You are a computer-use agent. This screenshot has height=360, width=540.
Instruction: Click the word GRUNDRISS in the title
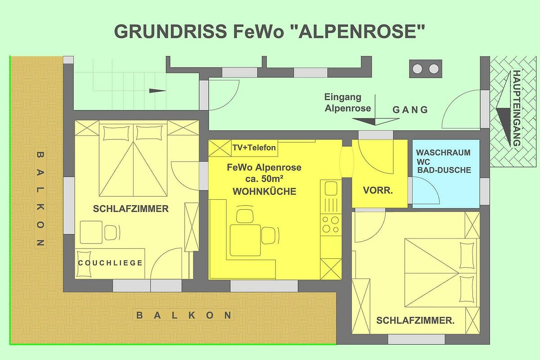click(171, 31)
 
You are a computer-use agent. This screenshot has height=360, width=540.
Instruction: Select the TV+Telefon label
click(254, 148)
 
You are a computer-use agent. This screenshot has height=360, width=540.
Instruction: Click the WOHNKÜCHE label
click(265, 191)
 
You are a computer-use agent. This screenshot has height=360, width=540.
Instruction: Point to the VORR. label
click(378, 190)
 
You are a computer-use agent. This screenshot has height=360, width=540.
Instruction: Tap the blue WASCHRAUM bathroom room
click(446, 174)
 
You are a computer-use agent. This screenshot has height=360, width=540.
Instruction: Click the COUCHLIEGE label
click(110, 263)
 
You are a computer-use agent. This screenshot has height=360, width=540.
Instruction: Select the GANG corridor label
click(410, 110)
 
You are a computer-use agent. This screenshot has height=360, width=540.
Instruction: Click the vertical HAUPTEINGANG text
click(517, 108)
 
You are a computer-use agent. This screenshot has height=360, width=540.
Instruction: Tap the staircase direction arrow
click(157, 91)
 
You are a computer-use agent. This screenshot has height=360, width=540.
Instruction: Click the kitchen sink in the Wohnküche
click(331, 188)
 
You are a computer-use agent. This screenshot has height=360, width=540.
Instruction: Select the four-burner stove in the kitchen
click(331, 225)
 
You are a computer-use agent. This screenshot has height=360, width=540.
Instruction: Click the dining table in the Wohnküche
click(245, 240)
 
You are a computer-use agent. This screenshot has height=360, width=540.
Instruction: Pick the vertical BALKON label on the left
click(40, 199)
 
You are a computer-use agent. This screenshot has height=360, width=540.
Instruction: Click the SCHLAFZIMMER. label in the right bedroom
click(415, 320)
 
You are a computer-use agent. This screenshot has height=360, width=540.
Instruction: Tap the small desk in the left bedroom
click(91, 232)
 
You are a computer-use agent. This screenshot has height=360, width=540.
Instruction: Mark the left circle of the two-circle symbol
click(417, 69)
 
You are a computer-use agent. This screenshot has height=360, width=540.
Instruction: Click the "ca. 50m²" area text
click(264, 179)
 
